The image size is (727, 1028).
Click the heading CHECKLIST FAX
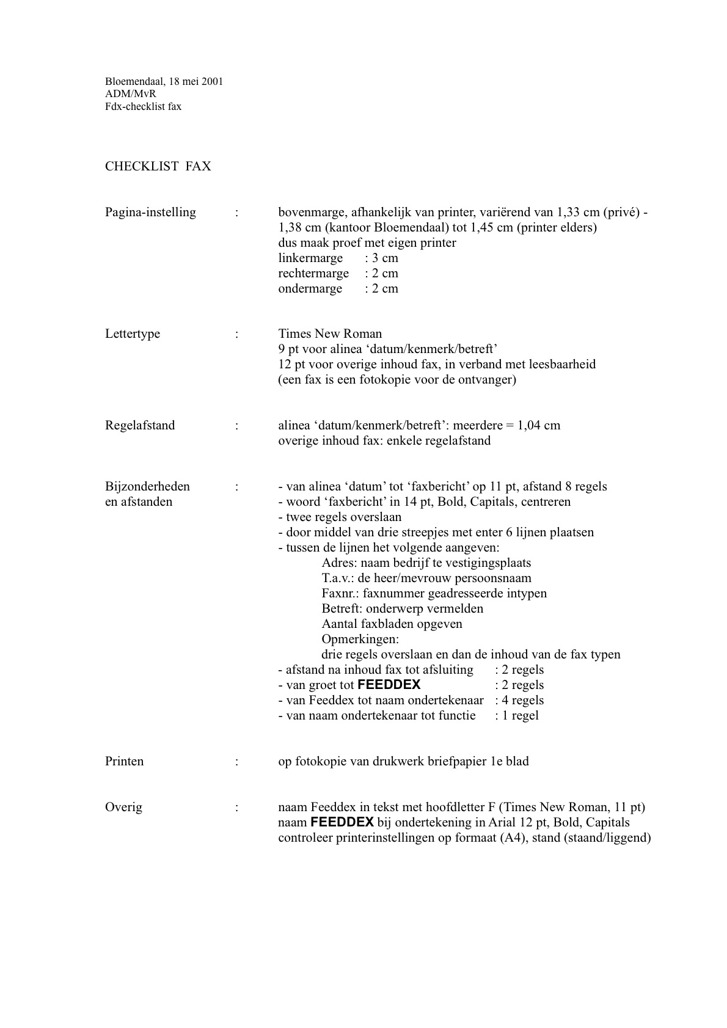coord(158,166)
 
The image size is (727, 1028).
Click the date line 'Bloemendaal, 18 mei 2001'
coord(164,81)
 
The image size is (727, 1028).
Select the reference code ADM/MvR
coord(131,93)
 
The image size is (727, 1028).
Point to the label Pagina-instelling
coord(150,212)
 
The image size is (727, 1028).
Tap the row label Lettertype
coord(133,334)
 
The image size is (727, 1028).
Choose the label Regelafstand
coord(140,425)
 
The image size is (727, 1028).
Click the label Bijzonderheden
coord(147,486)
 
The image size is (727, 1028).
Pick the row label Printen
coord(125,761)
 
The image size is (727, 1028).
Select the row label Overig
coord(123,807)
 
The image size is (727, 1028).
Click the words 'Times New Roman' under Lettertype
coord(330,334)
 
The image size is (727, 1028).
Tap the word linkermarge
coord(310,258)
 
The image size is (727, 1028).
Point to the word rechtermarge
coord(313,273)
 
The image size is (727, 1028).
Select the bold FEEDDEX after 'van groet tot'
coord(389,685)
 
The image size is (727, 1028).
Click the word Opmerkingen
coord(360,639)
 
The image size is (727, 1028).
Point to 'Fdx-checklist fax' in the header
coord(143,106)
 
